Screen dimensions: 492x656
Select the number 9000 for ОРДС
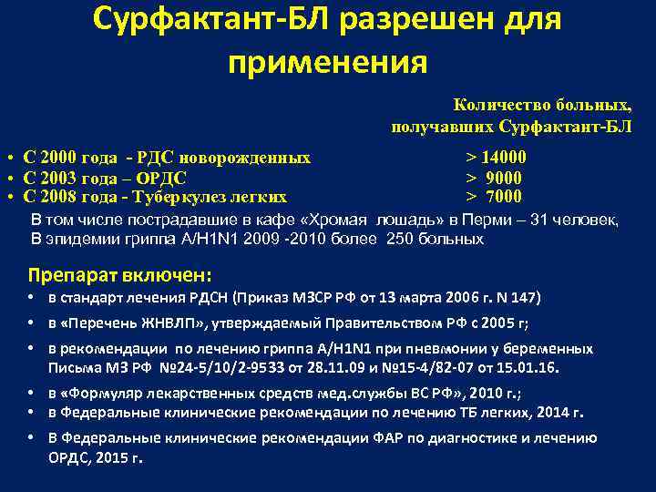coord(504,178)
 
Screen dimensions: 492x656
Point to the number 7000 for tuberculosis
coord(504,196)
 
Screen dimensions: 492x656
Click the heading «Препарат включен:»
coord(119,274)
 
